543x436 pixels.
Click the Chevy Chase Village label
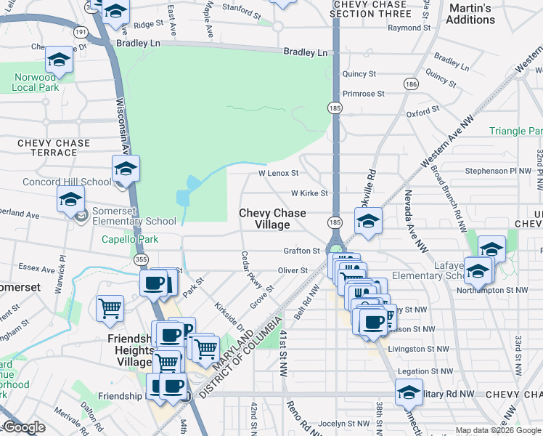tap(273, 219)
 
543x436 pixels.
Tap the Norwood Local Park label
tap(35, 82)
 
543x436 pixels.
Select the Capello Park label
tap(129, 239)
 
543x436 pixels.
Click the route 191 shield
tap(80, 32)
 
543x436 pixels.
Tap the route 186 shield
tap(411, 84)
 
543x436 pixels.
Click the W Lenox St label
tap(279, 174)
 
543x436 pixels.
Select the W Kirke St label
tap(310, 193)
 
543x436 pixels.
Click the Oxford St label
tap(423, 113)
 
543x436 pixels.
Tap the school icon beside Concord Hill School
tap(126, 170)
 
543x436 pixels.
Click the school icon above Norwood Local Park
tap(59, 61)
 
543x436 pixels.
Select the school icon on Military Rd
tap(409, 392)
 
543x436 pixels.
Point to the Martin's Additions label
tap(470, 14)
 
